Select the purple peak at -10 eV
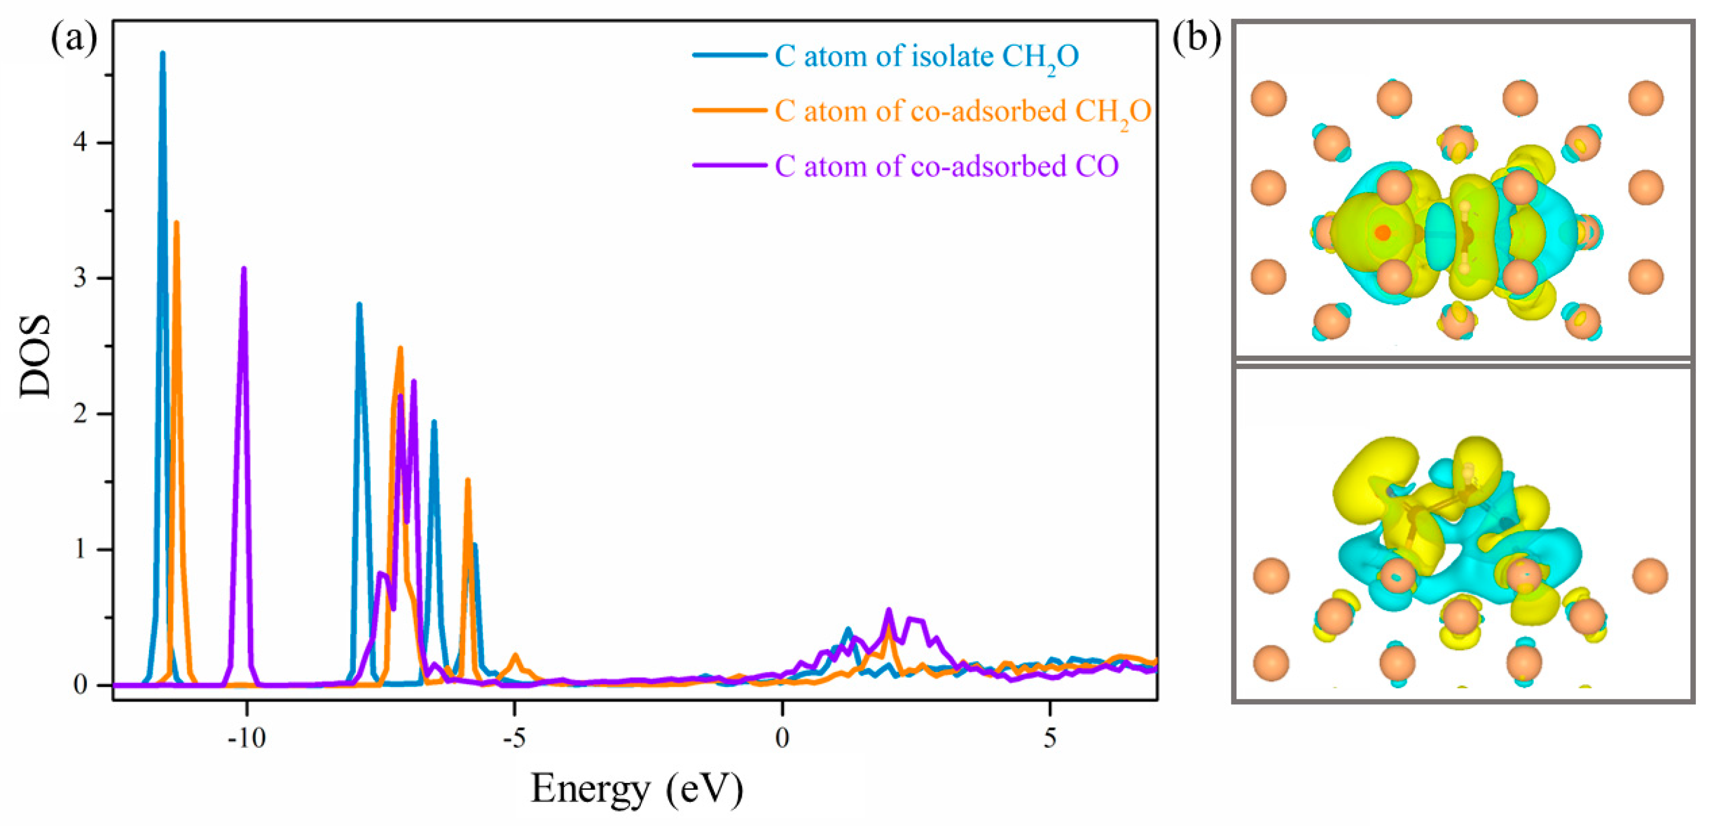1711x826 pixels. pos(244,270)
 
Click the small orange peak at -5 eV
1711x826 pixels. pos(515,656)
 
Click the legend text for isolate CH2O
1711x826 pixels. pos(926,57)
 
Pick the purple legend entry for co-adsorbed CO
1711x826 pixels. pos(946,166)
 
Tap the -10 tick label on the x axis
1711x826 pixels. pos(246,738)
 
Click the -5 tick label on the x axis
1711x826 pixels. pos(514,738)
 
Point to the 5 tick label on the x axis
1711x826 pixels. pos(1050,738)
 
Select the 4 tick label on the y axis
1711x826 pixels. pos(80,143)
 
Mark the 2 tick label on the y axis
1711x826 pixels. pos(80,414)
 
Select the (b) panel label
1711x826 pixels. pos(1196,39)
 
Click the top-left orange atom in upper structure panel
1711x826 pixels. pos(1269,98)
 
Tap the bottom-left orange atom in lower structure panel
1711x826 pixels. pos(1272,662)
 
